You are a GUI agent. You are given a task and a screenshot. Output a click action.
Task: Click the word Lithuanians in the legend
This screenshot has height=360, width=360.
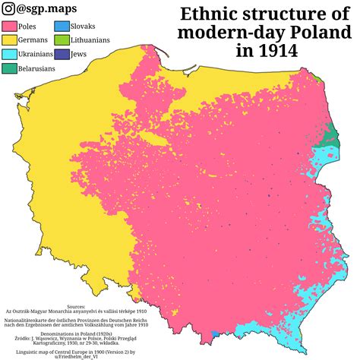(x=92, y=40)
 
